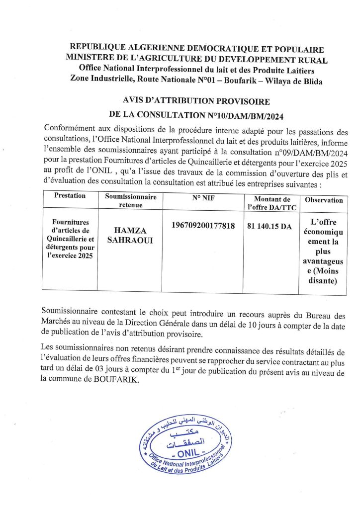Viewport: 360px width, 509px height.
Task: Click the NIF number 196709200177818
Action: [x=203, y=226]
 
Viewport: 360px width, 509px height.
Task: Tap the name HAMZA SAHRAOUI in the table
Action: [x=131, y=235]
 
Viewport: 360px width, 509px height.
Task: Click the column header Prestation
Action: [x=70, y=196]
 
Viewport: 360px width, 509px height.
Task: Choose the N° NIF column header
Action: [x=203, y=197]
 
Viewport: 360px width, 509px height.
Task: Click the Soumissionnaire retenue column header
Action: [x=131, y=200]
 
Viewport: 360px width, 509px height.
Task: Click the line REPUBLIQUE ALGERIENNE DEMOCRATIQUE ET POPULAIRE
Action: [x=196, y=49]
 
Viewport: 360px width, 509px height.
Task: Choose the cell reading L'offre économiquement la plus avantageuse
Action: [x=324, y=251]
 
